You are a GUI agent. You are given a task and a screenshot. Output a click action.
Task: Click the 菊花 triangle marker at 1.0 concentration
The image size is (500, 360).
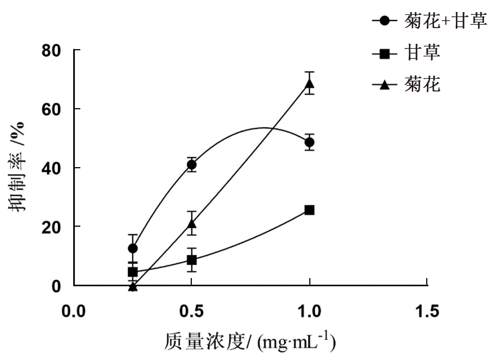pos(309,84)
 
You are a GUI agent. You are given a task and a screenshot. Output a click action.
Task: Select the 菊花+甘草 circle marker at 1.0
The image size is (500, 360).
pos(309,143)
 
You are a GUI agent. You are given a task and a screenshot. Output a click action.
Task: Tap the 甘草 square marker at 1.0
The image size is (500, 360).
pos(309,210)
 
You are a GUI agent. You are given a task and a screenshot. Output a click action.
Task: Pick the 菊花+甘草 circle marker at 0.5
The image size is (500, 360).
pos(191,165)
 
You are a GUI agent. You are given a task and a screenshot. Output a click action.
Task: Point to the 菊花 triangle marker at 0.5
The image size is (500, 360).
pos(191,223)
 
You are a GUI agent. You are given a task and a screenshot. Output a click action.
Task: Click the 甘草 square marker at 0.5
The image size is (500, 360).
pos(191,260)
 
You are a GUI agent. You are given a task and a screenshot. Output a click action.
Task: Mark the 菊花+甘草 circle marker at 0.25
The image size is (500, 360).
pos(133,248)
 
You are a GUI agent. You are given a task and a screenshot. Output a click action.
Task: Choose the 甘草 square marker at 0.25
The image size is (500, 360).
pos(133,272)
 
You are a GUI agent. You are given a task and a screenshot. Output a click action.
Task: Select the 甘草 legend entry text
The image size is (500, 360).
pos(422,53)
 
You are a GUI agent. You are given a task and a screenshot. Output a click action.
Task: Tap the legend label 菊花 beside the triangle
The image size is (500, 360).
pos(422,85)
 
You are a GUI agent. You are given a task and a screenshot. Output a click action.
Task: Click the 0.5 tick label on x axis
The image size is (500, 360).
pos(191,311)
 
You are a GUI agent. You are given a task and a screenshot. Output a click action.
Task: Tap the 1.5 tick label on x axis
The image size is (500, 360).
pos(427,311)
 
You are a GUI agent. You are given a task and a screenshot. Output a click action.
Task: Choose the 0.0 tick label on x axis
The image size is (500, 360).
pos(73,311)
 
